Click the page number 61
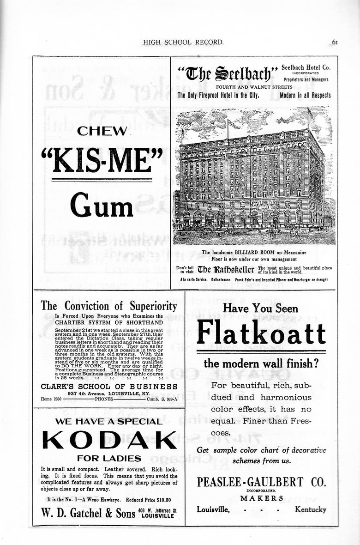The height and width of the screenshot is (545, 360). [x=335, y=42]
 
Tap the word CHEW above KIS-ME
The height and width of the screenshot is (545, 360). [x=102, y=131]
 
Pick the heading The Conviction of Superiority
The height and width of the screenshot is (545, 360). [x=109, y=306]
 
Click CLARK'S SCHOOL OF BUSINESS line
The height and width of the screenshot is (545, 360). [x=109, y=386]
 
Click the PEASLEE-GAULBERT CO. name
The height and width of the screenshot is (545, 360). [x=261, y=483]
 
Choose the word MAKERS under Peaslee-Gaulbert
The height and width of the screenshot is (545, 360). [x=261, y=498]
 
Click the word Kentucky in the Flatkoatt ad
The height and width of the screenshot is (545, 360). [x=310, y=509]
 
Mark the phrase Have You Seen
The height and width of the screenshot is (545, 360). [x=261, y=309]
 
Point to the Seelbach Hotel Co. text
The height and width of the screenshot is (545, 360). [x=306, y=67]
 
